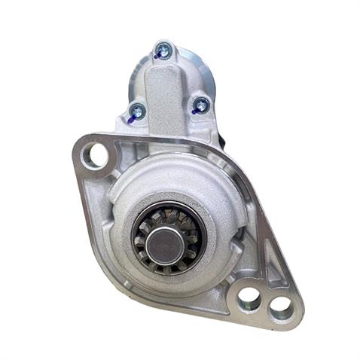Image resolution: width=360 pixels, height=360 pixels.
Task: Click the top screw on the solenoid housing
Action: click(x=161, y=51)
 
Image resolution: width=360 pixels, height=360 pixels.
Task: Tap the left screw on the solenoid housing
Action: click(x=136, y=111)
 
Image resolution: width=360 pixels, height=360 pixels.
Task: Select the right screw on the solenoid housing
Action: click(x=201, y=105)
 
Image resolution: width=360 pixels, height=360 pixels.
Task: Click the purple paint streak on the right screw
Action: click(x=197, y=110)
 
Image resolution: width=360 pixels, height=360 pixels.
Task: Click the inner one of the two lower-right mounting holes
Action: click(x=248, y=300)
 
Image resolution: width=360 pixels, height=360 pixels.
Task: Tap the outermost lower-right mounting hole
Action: click(x=280, y=306)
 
